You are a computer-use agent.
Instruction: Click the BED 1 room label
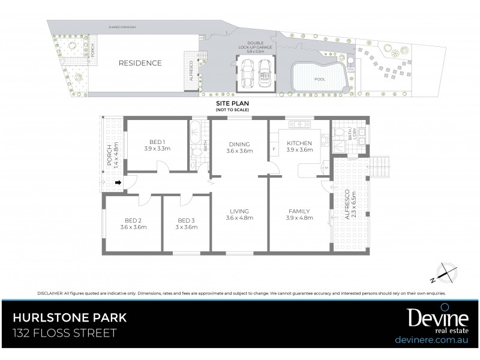click(x=154, y=142)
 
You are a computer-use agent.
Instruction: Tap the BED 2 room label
click(x=133, y=220)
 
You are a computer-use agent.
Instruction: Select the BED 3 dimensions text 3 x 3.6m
click(x=186, y=227)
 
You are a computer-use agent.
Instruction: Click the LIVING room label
click(x=238, y=211)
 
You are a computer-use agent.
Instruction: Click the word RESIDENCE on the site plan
click(x=140, y=63)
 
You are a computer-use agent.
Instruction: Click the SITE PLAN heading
click(x=232, y=104)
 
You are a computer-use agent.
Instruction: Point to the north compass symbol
click(x=443, y=273)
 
